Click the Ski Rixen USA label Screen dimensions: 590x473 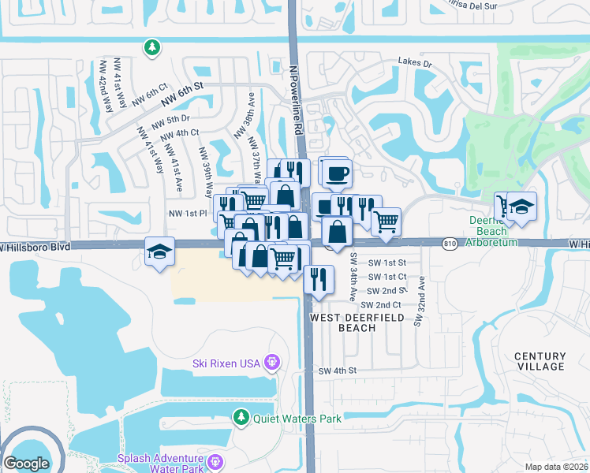(x=226, y=363)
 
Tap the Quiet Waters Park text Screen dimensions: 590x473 (x=297, y=419)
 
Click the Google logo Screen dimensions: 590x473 (x=26, y=464)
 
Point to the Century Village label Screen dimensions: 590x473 (x=540, y=361)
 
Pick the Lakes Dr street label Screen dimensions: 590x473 (x=416, y=61)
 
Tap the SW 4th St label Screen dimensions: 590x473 (x=338, y=371)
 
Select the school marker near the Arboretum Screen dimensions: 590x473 (x=521, y=207)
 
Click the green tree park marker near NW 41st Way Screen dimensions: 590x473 (x=151, y=49)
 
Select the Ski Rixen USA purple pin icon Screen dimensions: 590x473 (x=272, y=363)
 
